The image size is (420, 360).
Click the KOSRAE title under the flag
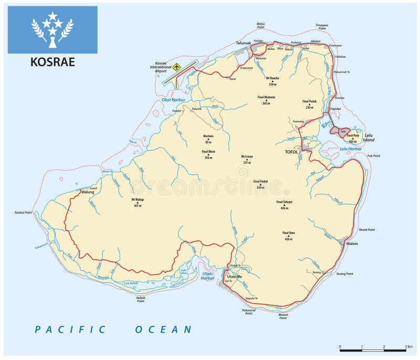point(52,62)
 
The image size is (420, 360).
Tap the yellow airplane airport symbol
point(177,67)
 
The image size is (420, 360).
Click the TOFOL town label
point(291,152)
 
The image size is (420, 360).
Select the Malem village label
point(352,244)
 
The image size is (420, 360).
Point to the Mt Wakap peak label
point(138,200)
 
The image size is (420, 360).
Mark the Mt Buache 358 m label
point(272,78)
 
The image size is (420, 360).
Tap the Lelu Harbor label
point(351,149)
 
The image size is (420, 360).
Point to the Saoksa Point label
point(24,212)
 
